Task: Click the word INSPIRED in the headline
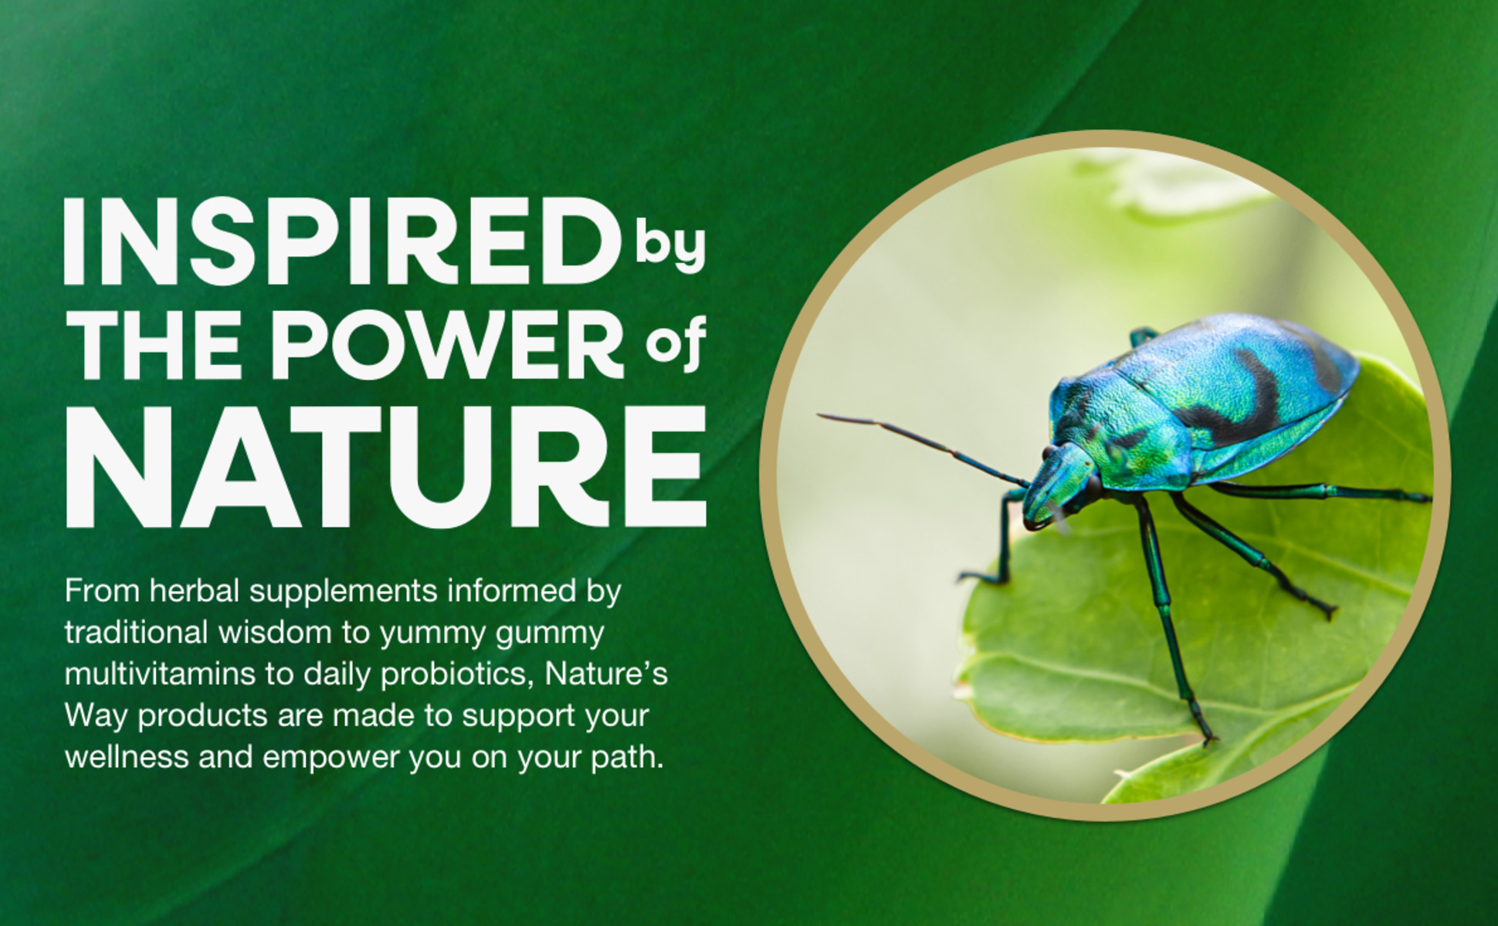pos(342,241)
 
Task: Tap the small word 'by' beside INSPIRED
pos(671,247)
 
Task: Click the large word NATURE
pos(386,467)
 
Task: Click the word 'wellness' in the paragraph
pos(127,757)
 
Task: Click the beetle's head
pos(1059,486)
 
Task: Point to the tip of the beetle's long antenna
pos(820,417)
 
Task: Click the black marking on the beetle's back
pos(1243,394)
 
